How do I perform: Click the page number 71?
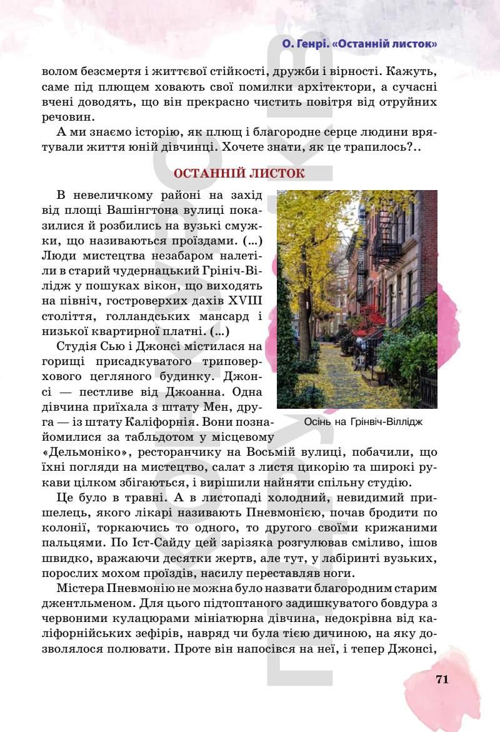coord(442,680)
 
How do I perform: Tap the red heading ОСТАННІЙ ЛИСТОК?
coord(239,174)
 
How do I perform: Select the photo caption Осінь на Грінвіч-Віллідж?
coord(363,422)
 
